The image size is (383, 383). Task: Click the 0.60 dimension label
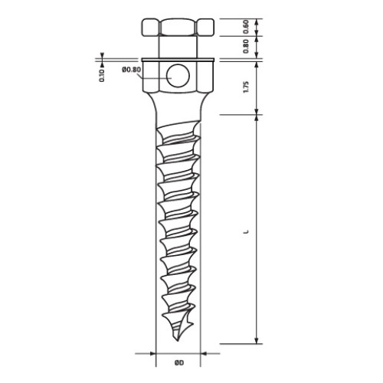coord(246,27)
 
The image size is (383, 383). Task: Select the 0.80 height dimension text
coord(246,46)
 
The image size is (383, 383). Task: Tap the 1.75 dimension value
coord(246,87)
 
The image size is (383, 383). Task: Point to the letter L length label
coord(246,232)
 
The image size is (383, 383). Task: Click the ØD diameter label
coord(179,362)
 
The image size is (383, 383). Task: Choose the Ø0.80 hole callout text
coord(131,70)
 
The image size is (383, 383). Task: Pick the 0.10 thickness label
coord(102,75)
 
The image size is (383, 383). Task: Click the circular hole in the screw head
coord(178,76)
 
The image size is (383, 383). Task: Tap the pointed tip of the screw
coord(177,341)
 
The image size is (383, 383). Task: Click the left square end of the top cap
coord(151,27)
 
